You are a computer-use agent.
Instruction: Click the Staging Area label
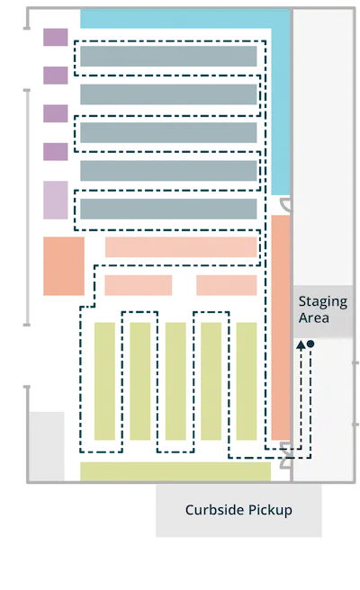323,309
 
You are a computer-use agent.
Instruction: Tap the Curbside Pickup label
238,510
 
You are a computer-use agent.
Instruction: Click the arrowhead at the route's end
301,345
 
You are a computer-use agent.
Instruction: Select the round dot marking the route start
310,344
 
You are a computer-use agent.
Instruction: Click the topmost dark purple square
56,37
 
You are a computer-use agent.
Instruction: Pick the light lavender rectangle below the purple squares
56,200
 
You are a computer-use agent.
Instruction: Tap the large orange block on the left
64,266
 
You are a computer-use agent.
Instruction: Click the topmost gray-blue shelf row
168,56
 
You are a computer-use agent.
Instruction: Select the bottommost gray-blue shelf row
168,209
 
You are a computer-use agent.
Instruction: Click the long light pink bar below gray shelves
181,246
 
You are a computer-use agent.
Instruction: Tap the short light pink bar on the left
139,285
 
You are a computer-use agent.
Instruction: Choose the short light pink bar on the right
226,285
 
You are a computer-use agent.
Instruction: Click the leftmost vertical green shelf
104,381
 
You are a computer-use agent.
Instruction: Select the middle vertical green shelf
175,381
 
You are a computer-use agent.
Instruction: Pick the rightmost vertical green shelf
247,381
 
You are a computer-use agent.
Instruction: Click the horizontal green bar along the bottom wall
175,471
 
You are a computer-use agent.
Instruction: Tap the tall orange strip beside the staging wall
281,327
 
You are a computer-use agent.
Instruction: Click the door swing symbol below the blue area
285,204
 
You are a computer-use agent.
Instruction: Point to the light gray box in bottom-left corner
47,446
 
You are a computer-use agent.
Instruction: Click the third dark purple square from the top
56,113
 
